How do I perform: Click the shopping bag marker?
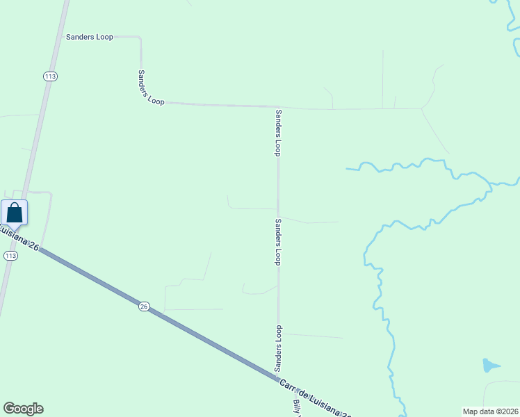pyautogui.click(x=14, y=213)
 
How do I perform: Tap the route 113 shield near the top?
pyautogui.click(x=49, y=76)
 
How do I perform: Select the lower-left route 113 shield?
pyautogui.click(x=10, y=256)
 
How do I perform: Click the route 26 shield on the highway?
pyautogui.click(x=143, y=306)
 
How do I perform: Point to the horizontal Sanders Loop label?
pyautogui.click(x=89, y=37)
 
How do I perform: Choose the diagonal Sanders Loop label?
pyautogui.click(x=151, y=88)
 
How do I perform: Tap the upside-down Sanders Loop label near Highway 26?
pyautogui.click(x=277, y=347)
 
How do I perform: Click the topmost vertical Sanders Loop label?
pyautogui.click(x=278, y=132)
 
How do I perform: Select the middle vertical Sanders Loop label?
pyautogui.click(x=277, y=242)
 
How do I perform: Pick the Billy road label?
pyautogui.click(x=298, y=407)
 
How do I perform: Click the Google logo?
pyautogui.click(x=23, y=409)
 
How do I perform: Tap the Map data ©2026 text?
pyautogui.click(x=491, y=411)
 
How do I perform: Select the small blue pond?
pyautogui.click(x=490, y=365)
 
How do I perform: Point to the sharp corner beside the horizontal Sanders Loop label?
pyautogui.click(x=140, y=38)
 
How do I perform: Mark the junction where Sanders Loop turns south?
pyautogui.click(x=278, y=107)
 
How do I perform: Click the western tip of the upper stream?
pyautogui.click(x=347, y=168)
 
